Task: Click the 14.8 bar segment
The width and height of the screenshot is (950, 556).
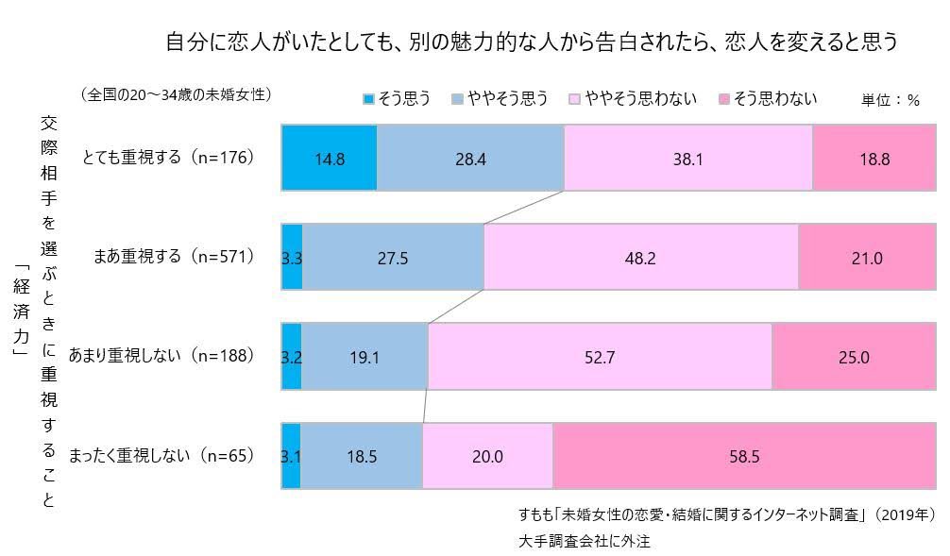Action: click(x=330, y=159)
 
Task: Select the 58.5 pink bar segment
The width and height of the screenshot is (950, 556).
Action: click(x=744, y=457)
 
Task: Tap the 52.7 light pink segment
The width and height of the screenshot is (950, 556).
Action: click(x=600, y=357)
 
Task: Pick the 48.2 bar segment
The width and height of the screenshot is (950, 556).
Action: click(x=640, y=258)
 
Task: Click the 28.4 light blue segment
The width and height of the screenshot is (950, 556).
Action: click(x=470, y=159)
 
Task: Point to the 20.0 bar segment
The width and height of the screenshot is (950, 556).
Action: click(x=487, y=457)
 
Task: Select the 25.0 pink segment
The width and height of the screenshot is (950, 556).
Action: click(x=854, y=357)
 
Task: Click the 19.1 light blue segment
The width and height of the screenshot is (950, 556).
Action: click(x=365, y=357)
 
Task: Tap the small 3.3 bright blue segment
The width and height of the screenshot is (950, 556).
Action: click(x=292, y=258)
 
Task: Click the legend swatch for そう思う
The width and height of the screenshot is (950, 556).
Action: click(x=368, y=99)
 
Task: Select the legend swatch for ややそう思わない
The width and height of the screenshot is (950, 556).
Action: click(x=574, y=99)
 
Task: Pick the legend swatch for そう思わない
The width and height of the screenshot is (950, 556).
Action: click(x=724, y=99)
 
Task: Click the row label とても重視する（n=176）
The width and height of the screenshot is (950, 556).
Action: click(x=169, y=158)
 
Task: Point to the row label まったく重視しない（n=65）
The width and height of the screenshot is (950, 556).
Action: click(x=161, y=456)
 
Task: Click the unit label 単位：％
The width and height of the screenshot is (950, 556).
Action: click(x=890, y=100)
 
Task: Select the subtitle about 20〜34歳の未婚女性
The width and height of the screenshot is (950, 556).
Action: click(x=177, y=94)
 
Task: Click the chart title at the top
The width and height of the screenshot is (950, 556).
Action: click(x=530, y=42)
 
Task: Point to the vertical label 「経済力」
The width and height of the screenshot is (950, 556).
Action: click(x=19, y=308)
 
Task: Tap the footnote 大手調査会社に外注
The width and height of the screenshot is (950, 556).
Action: click(x=585, y=541)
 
